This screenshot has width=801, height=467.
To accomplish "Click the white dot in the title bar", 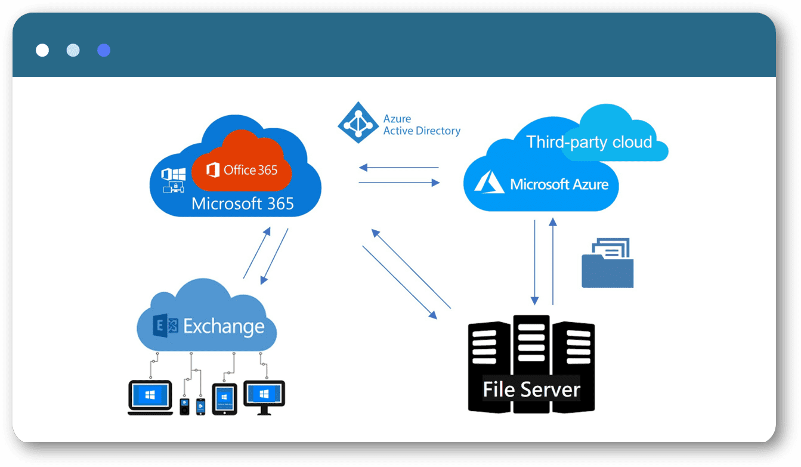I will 42,50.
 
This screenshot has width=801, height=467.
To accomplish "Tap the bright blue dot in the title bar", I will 104,50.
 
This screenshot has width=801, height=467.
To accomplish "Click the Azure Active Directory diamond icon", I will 358,122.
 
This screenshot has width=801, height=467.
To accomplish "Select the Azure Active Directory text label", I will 421,125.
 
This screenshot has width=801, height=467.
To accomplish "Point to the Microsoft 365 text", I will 242,204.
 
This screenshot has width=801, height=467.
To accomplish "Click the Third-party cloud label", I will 589,142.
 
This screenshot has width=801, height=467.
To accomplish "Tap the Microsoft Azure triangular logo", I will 489,182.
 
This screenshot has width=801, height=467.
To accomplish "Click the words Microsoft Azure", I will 559,184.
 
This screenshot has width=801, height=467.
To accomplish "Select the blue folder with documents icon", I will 607,264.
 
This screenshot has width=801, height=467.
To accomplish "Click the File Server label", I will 531,389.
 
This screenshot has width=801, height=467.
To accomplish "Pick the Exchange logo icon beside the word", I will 166,327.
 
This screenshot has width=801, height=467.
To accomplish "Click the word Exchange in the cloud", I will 224,327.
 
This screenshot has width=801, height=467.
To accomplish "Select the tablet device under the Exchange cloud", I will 224,398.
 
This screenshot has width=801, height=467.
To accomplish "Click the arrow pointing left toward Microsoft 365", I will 398,168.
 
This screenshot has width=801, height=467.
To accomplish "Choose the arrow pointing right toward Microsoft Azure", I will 398,183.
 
